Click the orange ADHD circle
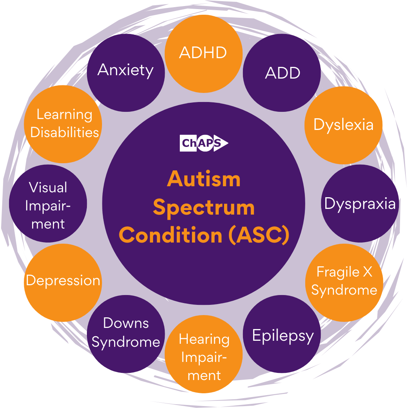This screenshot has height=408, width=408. [204, 54]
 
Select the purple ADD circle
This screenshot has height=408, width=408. [282, 73]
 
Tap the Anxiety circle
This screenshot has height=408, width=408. [126, 73]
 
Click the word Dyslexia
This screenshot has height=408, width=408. [343, 125]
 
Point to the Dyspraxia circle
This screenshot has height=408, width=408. [360, 204]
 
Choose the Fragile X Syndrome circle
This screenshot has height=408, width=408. [344, 283]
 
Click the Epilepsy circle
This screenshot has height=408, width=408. [282, 334]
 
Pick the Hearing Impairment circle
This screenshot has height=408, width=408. [204, 354]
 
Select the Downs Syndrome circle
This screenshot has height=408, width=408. [126, 334]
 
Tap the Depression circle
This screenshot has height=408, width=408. [63, 283]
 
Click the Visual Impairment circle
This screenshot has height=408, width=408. [48, 204]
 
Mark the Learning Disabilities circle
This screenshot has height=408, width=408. [63, 124]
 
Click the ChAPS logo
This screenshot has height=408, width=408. [204, 143]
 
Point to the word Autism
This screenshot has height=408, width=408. [204, 179]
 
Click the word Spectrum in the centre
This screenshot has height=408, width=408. [204, 208]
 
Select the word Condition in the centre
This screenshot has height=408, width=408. [170, 235]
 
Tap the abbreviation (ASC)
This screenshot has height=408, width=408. [259, 235]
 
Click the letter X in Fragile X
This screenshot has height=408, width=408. [368, 272]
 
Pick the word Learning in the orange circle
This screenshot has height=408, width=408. [64, 115]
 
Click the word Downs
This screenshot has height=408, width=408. [126, 323]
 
